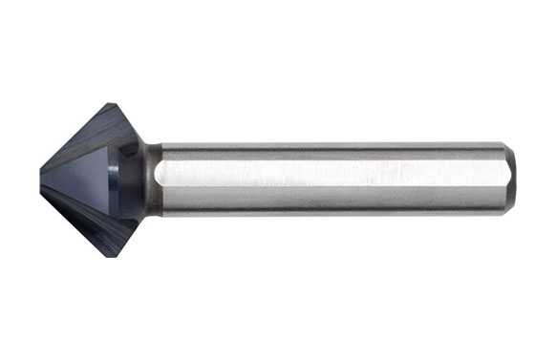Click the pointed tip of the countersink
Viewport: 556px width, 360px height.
[x=42, y=179]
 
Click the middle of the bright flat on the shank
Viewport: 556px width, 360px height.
[x=330, y=178]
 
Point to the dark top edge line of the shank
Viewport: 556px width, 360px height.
[x=330, y=144]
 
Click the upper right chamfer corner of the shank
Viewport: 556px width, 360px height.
[x=504, y=146]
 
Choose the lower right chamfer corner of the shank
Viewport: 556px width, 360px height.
[x=504, y=212]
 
